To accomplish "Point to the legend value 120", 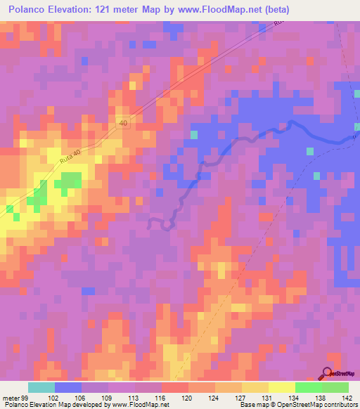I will tap(188, 398).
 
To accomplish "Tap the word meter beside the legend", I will tap(10, 398).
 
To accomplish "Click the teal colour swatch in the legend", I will tap(41, 387).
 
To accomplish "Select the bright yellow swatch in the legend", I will tap(281, 387).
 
